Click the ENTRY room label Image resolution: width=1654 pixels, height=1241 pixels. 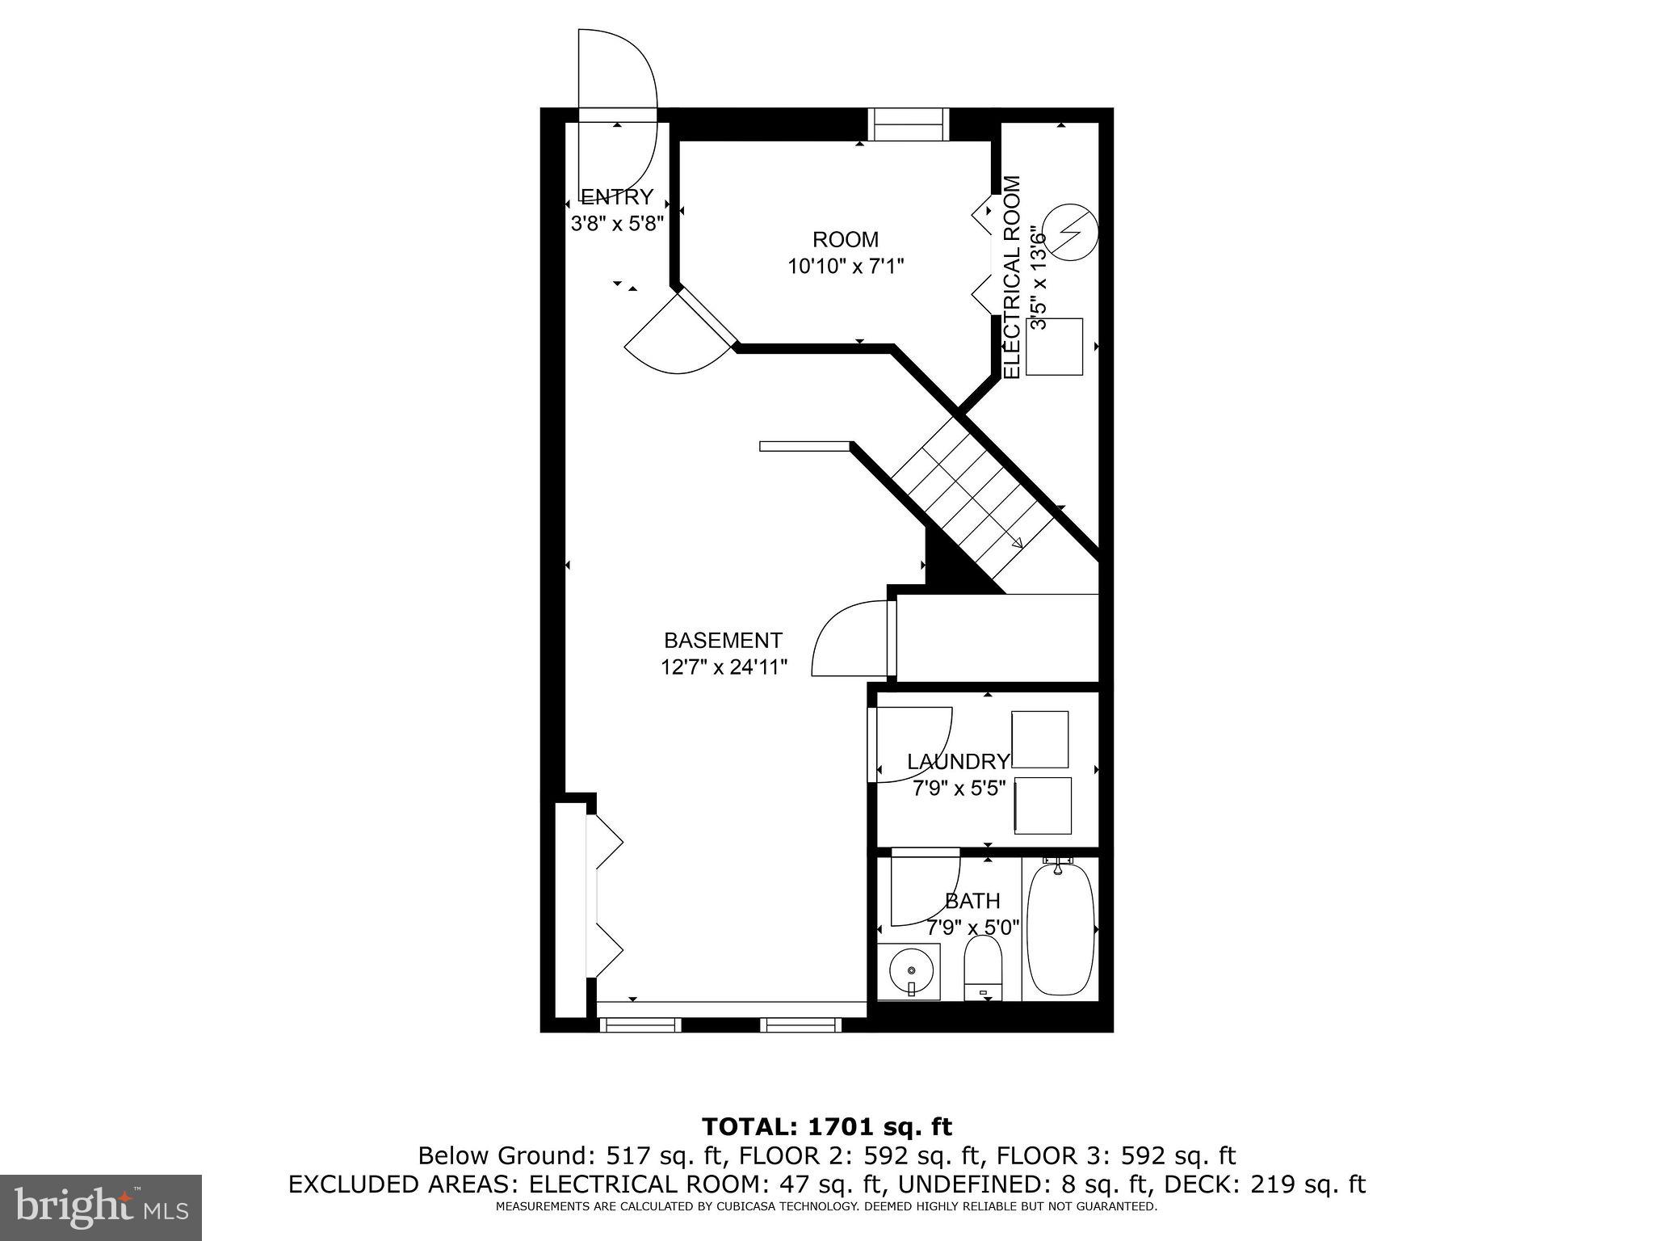coord(617,197)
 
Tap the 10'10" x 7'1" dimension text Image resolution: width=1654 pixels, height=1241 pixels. coord(845,266)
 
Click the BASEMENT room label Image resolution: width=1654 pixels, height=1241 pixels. coord(723,641)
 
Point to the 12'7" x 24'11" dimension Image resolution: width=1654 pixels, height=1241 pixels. coord(724,667)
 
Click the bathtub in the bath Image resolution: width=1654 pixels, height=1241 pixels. coord(1060,930)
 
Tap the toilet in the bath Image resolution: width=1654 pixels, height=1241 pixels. coord(983,969)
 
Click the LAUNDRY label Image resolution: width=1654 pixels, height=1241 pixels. coord(958,762)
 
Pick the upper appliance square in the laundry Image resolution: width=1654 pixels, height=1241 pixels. coord(1040,739)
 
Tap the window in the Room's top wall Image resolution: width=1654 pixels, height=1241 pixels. coord(908,124)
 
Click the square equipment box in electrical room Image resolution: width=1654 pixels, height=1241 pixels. coord(1055,347)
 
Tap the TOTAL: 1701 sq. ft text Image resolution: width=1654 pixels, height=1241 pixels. coord(826,1126)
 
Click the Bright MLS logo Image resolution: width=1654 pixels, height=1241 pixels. coord(101,1206)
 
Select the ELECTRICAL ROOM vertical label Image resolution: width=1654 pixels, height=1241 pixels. coord(1012,288)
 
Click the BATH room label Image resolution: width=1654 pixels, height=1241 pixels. coord(972,900)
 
